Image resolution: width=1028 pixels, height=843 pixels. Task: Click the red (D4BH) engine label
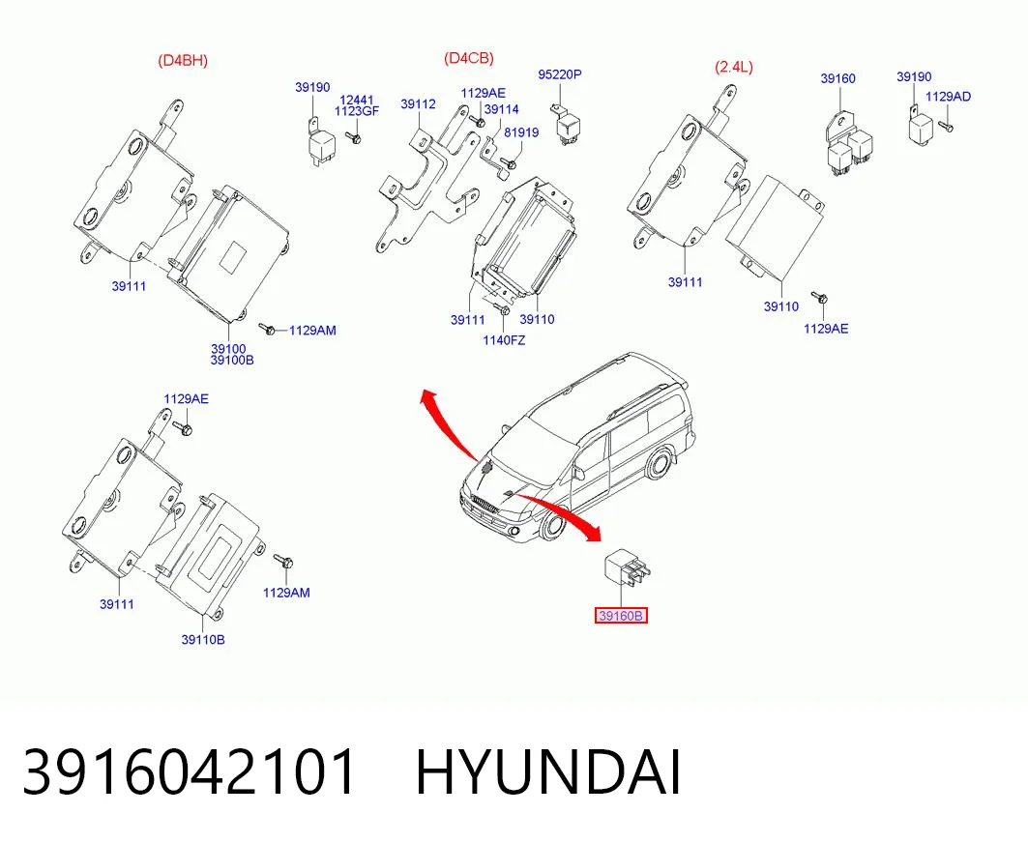[182, 61]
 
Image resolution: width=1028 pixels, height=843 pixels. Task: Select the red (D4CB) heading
[469, 58]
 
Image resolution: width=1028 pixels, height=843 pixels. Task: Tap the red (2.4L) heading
[734, 67]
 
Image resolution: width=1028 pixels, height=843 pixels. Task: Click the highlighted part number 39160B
[621, 616]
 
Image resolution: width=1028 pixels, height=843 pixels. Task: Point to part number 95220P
[560, 74]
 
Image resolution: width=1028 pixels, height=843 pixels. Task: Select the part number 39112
[419, 104]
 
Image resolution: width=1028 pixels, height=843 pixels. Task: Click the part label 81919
[521, 132]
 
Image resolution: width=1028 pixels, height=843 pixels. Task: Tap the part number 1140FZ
[504, 340]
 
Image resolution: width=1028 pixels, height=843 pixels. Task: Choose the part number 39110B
[203, 639]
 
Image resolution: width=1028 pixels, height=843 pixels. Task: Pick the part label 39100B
[232, 360]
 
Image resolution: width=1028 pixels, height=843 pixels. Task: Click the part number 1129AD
[948, 97]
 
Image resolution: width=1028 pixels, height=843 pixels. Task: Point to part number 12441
[357, 100]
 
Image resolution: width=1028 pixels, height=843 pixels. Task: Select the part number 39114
[502, 109]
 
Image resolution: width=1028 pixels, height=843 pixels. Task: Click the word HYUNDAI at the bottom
[548, 772]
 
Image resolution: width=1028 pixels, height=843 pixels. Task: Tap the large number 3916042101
[190, 772]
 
